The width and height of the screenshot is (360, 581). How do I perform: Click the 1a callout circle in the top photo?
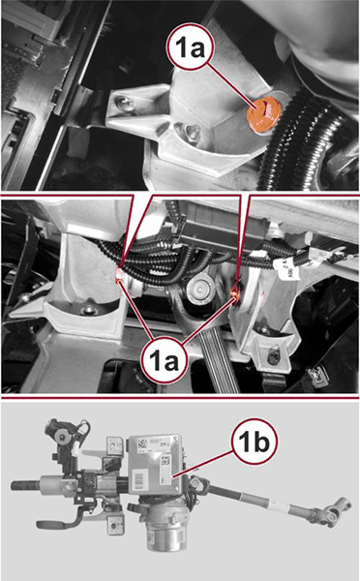pyautogui.click(x=190, y=47)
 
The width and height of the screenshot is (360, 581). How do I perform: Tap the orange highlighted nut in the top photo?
pyautogui.click(x=264, y=114)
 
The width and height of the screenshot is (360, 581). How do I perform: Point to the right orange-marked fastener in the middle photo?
pyautogui.click(x=235, y=290)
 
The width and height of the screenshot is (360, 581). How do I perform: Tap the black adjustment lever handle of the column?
pyautogui.click(x=59, y=523)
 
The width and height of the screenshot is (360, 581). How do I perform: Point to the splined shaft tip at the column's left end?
pyautogui.click(x=24, y=485)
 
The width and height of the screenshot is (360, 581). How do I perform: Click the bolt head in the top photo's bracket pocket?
pyautogui.click(x=193, y=131)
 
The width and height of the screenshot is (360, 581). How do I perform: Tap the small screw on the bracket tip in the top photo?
pyautogui.click(x=123, y=103)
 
